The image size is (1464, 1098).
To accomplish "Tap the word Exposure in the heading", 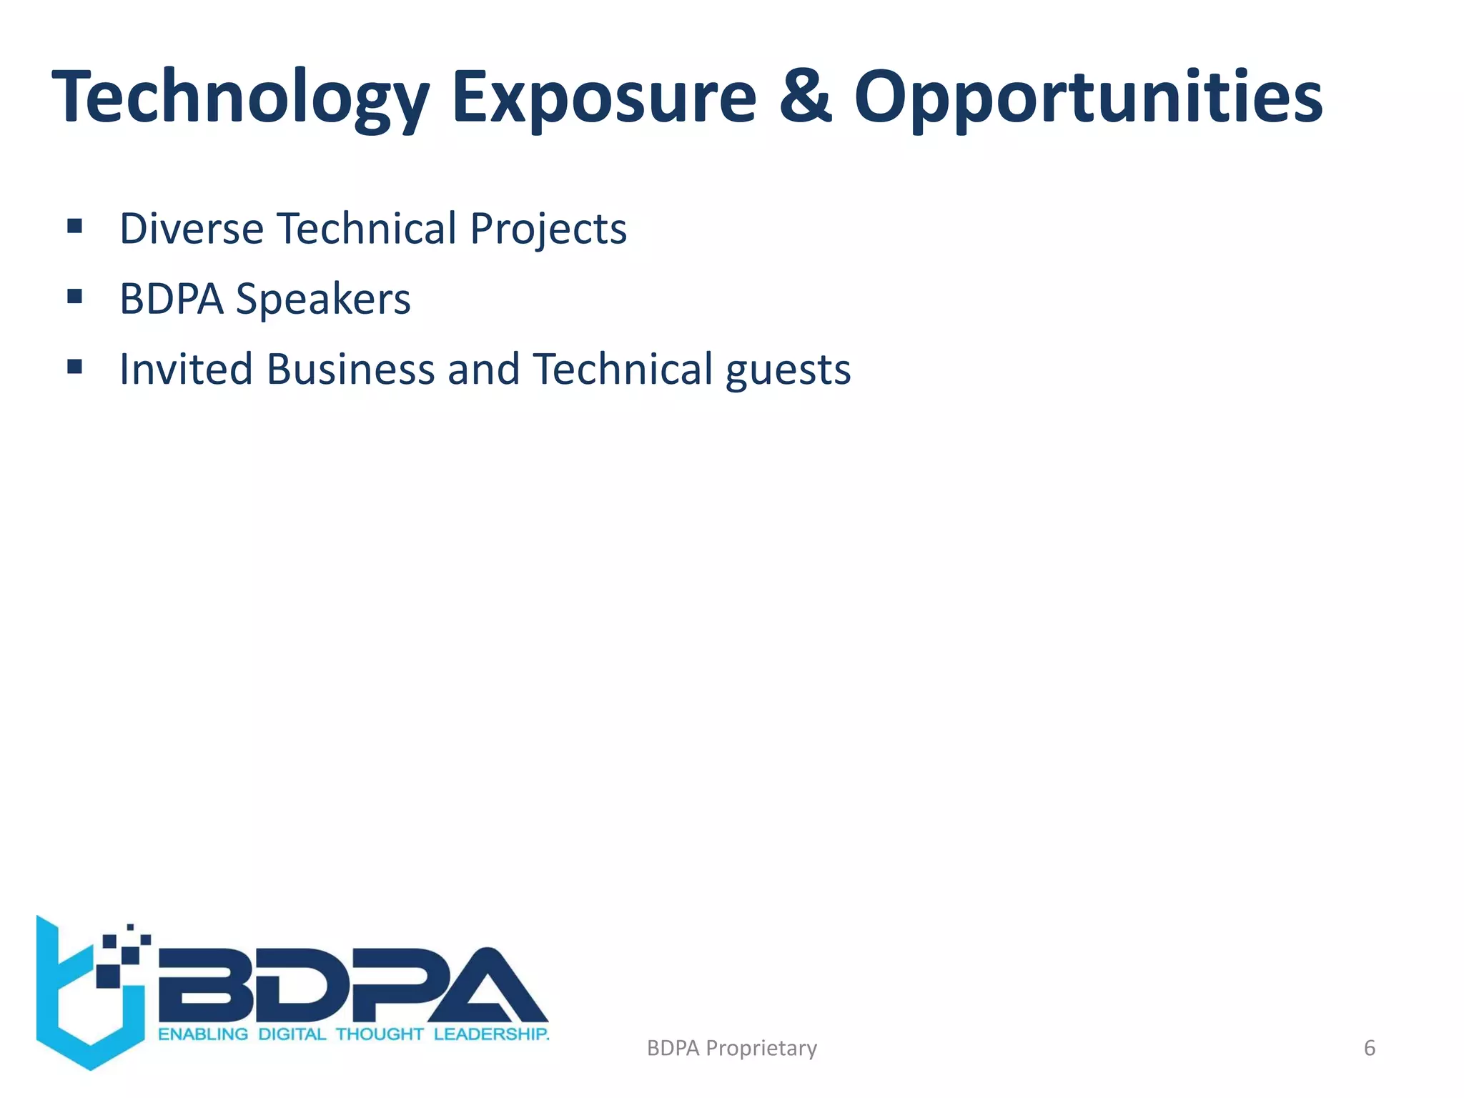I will point(604,97).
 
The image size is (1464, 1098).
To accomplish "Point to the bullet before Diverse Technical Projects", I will point(74,227).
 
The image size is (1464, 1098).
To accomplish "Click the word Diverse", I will point(192,229).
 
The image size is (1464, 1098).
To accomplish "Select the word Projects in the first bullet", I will point(548,229).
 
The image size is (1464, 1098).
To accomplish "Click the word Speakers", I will point(323,299).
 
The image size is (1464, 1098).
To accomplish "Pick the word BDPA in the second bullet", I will point(172,299).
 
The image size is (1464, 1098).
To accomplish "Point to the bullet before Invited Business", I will point(74,367).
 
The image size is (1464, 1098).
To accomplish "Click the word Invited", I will point(186,369).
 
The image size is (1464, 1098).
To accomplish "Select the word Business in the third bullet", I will point(350,369).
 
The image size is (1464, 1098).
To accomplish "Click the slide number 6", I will point(1370,1048).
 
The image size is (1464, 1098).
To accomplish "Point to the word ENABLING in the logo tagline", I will point(203,1034).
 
